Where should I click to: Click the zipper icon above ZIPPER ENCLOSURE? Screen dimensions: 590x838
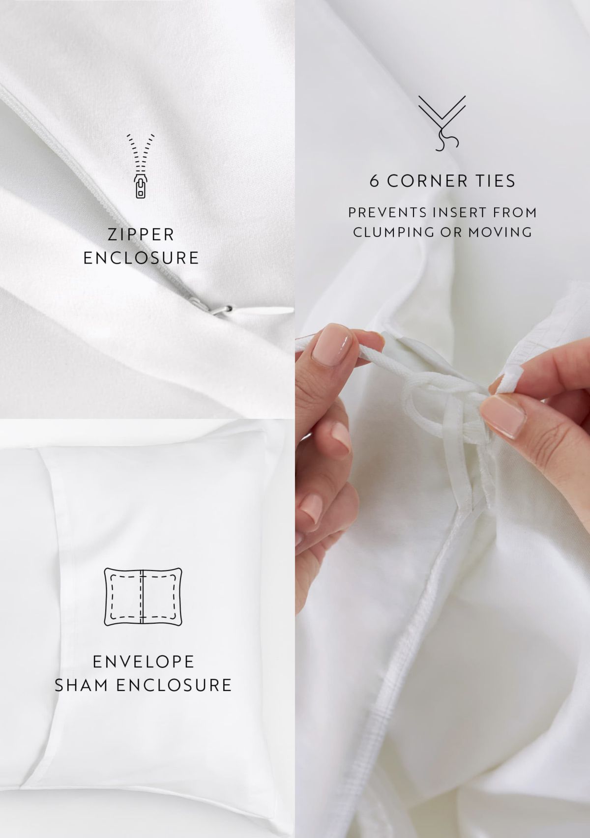(x=141, y=165)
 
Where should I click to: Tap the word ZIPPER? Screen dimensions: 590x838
(x=141, y=235)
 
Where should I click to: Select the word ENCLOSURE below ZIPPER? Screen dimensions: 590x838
(x=141, y=258)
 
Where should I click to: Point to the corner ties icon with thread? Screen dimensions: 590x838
(x=442, y=123)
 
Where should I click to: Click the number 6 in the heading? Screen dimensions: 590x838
(x=374, y=181)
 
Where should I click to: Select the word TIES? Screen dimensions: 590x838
(x=496, y=181)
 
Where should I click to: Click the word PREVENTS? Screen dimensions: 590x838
(x=387, y=212)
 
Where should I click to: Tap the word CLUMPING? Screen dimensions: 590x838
(x=394, y=232)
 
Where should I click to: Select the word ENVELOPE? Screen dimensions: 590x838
(x=143, y=662)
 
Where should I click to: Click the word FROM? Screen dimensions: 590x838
(x=515, y=212)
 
